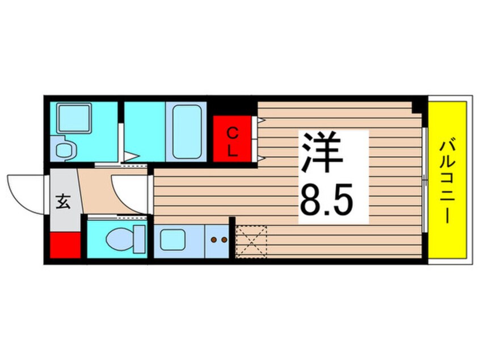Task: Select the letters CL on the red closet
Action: tap(232, 141)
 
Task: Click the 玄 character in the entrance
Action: tap(63, 202)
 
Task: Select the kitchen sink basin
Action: tap(172, 240)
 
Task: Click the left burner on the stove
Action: tap(214, 240)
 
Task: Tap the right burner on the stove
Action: tap(224, 240)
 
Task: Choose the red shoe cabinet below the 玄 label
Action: tap(65, 245)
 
